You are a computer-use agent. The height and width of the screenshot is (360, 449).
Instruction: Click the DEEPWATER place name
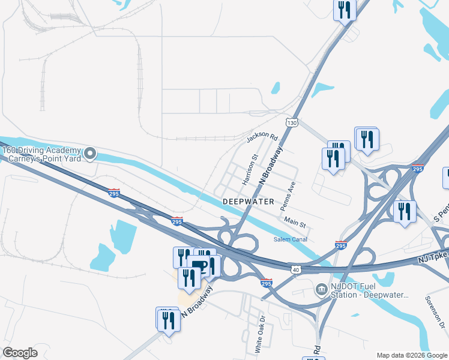pyautogui.click(x=248, y=202)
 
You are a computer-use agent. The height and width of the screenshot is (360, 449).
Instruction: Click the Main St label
pyautogui.click(x=295, y=223)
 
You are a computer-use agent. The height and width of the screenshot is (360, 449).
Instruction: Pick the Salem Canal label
pyautogui.click(x=291, y=239)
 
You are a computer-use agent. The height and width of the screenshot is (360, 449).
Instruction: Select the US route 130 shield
pyautogui.click(x=292, y=122)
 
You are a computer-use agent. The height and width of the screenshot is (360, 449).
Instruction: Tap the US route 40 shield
pyautogui.click(x=295, y=271)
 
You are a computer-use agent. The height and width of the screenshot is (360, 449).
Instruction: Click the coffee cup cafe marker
pyautogui.click(x=202, y=267)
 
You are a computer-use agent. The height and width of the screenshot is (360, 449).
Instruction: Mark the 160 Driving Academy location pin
pyautogui.click(x=90, y=154)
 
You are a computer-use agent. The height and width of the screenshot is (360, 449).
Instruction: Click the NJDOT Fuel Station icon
pyautogui.click(x=321, y=290)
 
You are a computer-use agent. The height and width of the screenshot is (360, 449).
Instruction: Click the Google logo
pyautogui.click(x=20, y=353)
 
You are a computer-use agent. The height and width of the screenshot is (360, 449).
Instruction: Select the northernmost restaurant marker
pyautogui.click(x=345, y=9)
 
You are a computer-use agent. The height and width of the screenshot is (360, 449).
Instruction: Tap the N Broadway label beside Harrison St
pyautogui.click(x=270, y=166)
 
